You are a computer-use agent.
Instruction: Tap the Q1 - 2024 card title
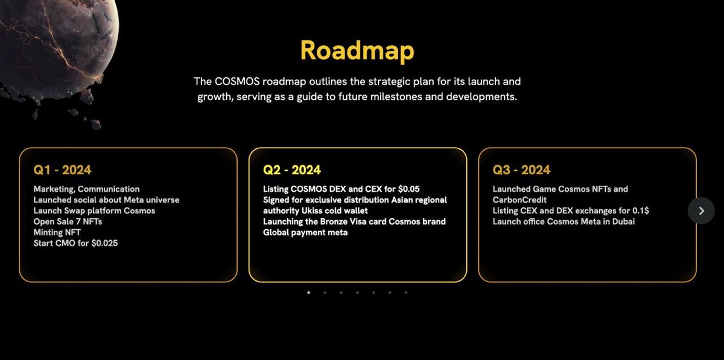[62, 170]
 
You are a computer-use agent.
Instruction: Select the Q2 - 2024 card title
[292, 170]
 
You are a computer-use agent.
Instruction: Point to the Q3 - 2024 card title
[521, 170]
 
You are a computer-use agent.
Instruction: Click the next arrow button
[701, 210]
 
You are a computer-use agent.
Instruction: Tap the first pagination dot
[309, 292]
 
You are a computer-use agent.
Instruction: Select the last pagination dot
[406, 292]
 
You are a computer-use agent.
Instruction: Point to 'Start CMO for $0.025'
[76, 243]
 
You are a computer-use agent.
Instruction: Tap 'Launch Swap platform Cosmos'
[94, 210]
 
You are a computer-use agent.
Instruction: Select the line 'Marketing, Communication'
[86, 189]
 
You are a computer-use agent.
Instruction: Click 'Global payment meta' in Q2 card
[305, 232]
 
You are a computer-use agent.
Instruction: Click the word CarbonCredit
[519, 200]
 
